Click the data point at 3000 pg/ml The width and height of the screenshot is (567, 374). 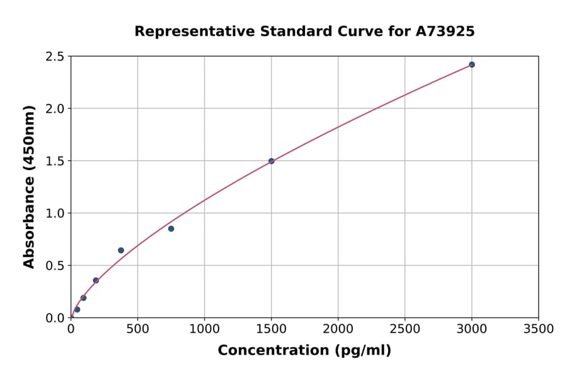click(x=471, y=65)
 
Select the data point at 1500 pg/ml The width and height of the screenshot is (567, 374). click(x=272, y=161)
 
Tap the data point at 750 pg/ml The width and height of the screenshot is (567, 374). click(x=171, y=229)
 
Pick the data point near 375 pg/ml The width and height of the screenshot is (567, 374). click(x=121, y=251)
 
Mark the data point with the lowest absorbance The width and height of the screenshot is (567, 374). click(x=77, y=310)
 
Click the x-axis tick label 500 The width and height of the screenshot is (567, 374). click(x=137, y=329)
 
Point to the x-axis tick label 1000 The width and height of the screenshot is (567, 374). click(x=204, y=329)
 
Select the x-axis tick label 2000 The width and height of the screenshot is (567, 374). click(x=338, y=329)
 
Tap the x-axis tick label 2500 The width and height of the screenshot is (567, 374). click(x=404, y=329)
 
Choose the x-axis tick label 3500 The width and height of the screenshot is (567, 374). click(x=538, y=329)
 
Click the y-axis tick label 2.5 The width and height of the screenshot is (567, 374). click(x=55, y=57)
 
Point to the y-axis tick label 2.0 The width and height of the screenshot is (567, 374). click(x=55, y=109)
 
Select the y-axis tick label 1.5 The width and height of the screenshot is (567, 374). click(x=55, y=161)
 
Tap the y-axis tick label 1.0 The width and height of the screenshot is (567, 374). click(x=55, y=213)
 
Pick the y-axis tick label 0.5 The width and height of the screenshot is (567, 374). click(x=55, y=266)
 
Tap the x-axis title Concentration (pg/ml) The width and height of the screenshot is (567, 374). click(x=304, y=351)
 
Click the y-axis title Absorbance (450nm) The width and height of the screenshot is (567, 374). click(x=29, y=186)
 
